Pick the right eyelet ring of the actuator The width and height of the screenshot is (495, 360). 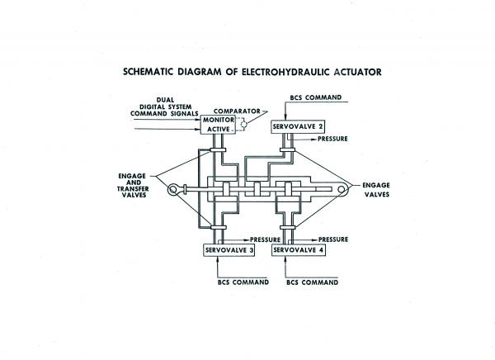coord(339,191)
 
